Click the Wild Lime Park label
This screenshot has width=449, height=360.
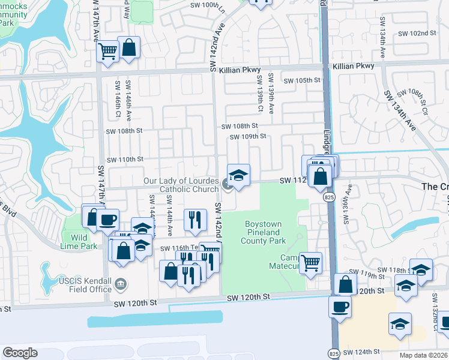coord(79,242)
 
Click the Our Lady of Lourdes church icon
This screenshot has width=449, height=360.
coord(228,184)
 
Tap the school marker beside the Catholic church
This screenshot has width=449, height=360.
coord(238,175)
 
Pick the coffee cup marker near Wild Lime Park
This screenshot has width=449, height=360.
coord(107,220)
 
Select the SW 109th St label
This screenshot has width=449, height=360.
coord(248,136)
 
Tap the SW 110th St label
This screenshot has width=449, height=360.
coord(125,160)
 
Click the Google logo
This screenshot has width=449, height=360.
coord(20,353)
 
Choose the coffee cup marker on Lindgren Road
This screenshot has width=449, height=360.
coord(340,307)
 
